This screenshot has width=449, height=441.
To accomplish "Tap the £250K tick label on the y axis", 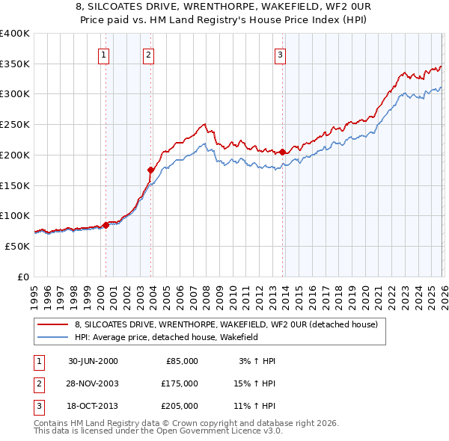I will point(15,124).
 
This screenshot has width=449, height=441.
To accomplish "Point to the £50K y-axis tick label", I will point(17,246).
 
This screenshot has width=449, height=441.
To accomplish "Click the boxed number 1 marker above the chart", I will point(103,54).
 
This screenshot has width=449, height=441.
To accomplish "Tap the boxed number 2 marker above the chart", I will point(149,54).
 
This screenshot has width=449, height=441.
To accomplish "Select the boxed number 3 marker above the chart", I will point(280,54).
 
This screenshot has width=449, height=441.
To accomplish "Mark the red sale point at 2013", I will point(282,152).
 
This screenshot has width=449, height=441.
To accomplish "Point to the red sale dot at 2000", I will point(106,225).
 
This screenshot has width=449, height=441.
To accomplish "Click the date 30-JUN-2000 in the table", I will point(93,361).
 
